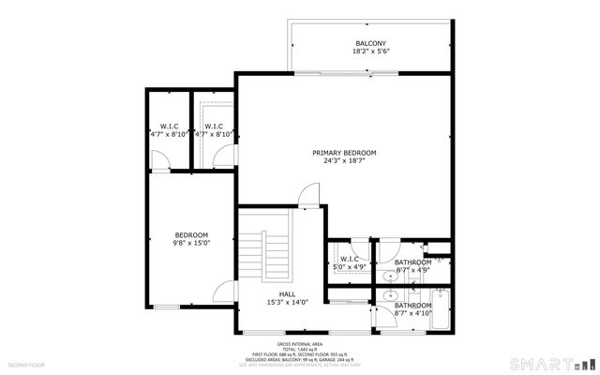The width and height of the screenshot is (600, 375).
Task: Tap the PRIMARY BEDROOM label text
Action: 344,153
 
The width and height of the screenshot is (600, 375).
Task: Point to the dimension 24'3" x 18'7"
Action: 344,161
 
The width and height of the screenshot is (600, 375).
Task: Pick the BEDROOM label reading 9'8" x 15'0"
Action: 192,234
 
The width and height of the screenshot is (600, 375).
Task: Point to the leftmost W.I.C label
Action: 170,127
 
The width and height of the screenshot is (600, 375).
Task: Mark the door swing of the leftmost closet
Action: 160,162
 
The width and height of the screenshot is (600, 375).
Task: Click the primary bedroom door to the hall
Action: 307,197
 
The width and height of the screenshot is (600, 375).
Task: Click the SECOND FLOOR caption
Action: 26,363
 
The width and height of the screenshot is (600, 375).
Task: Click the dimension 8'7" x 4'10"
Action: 412,314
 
